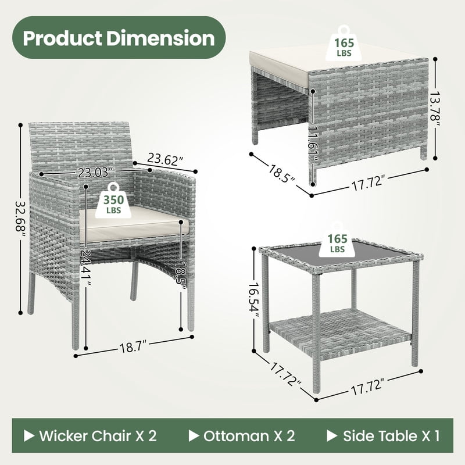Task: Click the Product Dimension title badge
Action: [119, 38]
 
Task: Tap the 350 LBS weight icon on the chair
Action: [113, 200]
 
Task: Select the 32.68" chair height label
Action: [21, 216]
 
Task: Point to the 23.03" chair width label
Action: [95, 172]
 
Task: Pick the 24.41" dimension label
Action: [86, 268]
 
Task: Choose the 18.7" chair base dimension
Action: [133, 346]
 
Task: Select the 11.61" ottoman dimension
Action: [313, 144]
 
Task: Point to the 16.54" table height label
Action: [254, 297]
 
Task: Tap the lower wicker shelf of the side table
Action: [341, 332]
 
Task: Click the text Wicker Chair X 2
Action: [98, 435]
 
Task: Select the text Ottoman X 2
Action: [249, 435]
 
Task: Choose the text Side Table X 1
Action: [391, 435]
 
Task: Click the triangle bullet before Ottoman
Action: [194, 435]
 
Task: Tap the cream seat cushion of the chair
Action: [134, 224]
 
